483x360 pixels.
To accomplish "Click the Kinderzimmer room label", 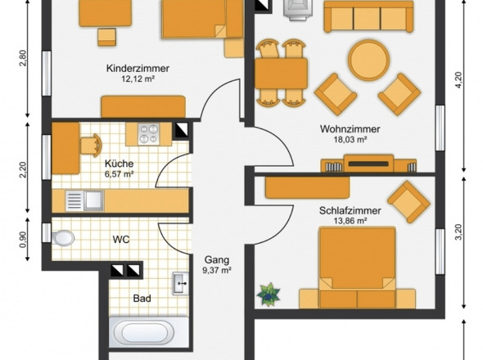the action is (x=138, y=69).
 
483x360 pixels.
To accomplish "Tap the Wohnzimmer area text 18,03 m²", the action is (x=350, y=140).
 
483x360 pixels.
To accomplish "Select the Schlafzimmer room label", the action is (x=350, y=211).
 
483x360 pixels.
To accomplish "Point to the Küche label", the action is (x=119, y=164).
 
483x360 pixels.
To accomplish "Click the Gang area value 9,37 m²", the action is (x=217, y=271).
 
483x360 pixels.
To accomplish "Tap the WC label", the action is (x=121, y=239).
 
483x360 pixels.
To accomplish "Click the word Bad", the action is (x=142, y=299).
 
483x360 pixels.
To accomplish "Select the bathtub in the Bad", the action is (x=149, y=332).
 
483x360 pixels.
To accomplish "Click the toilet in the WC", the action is (x=63, y=238).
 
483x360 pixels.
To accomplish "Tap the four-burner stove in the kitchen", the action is (x=149, y=133).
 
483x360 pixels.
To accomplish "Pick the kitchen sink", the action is (x=84, y=200).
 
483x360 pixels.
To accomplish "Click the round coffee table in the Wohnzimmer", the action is (x=368, y=60).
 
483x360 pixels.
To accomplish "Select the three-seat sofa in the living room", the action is (x=368, y=16).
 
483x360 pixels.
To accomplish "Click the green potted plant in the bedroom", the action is (x=269, y=295).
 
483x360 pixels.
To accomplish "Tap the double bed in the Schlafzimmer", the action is (x=357, y=268).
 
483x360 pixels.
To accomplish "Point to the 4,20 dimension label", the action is (x=458, y=80).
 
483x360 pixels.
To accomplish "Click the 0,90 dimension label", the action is (x=23, y=239).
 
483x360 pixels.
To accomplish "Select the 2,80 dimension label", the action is (x=23, y=58).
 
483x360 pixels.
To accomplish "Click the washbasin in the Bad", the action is (x=180, y=283).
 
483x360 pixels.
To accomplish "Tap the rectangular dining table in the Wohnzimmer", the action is (x=282, y=74).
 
